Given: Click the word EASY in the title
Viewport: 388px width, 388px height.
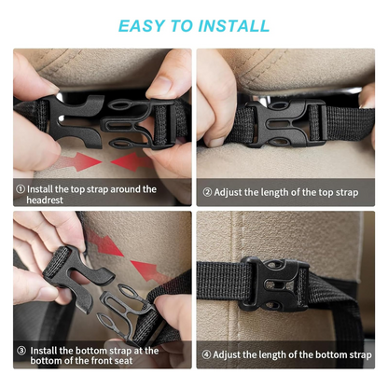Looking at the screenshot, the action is [142, 26].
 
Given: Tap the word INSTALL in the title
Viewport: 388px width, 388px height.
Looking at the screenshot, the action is [234, 26].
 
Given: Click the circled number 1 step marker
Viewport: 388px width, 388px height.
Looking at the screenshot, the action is [21, 189].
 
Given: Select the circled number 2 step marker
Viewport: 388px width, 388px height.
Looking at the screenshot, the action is [207, 192].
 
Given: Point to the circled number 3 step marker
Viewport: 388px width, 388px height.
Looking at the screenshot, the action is [21, 351].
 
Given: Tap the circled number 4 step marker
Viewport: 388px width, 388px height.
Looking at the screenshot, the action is [206, 354].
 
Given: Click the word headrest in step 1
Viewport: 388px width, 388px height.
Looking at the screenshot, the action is [45, 200].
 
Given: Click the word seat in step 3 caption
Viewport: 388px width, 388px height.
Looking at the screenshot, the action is [123, 361].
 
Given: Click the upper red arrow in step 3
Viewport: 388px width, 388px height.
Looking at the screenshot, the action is [104, 242].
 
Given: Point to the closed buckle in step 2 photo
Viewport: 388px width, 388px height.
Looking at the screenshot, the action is [286, 123].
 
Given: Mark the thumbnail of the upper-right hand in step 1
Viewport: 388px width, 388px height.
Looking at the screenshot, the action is [159, 85].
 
